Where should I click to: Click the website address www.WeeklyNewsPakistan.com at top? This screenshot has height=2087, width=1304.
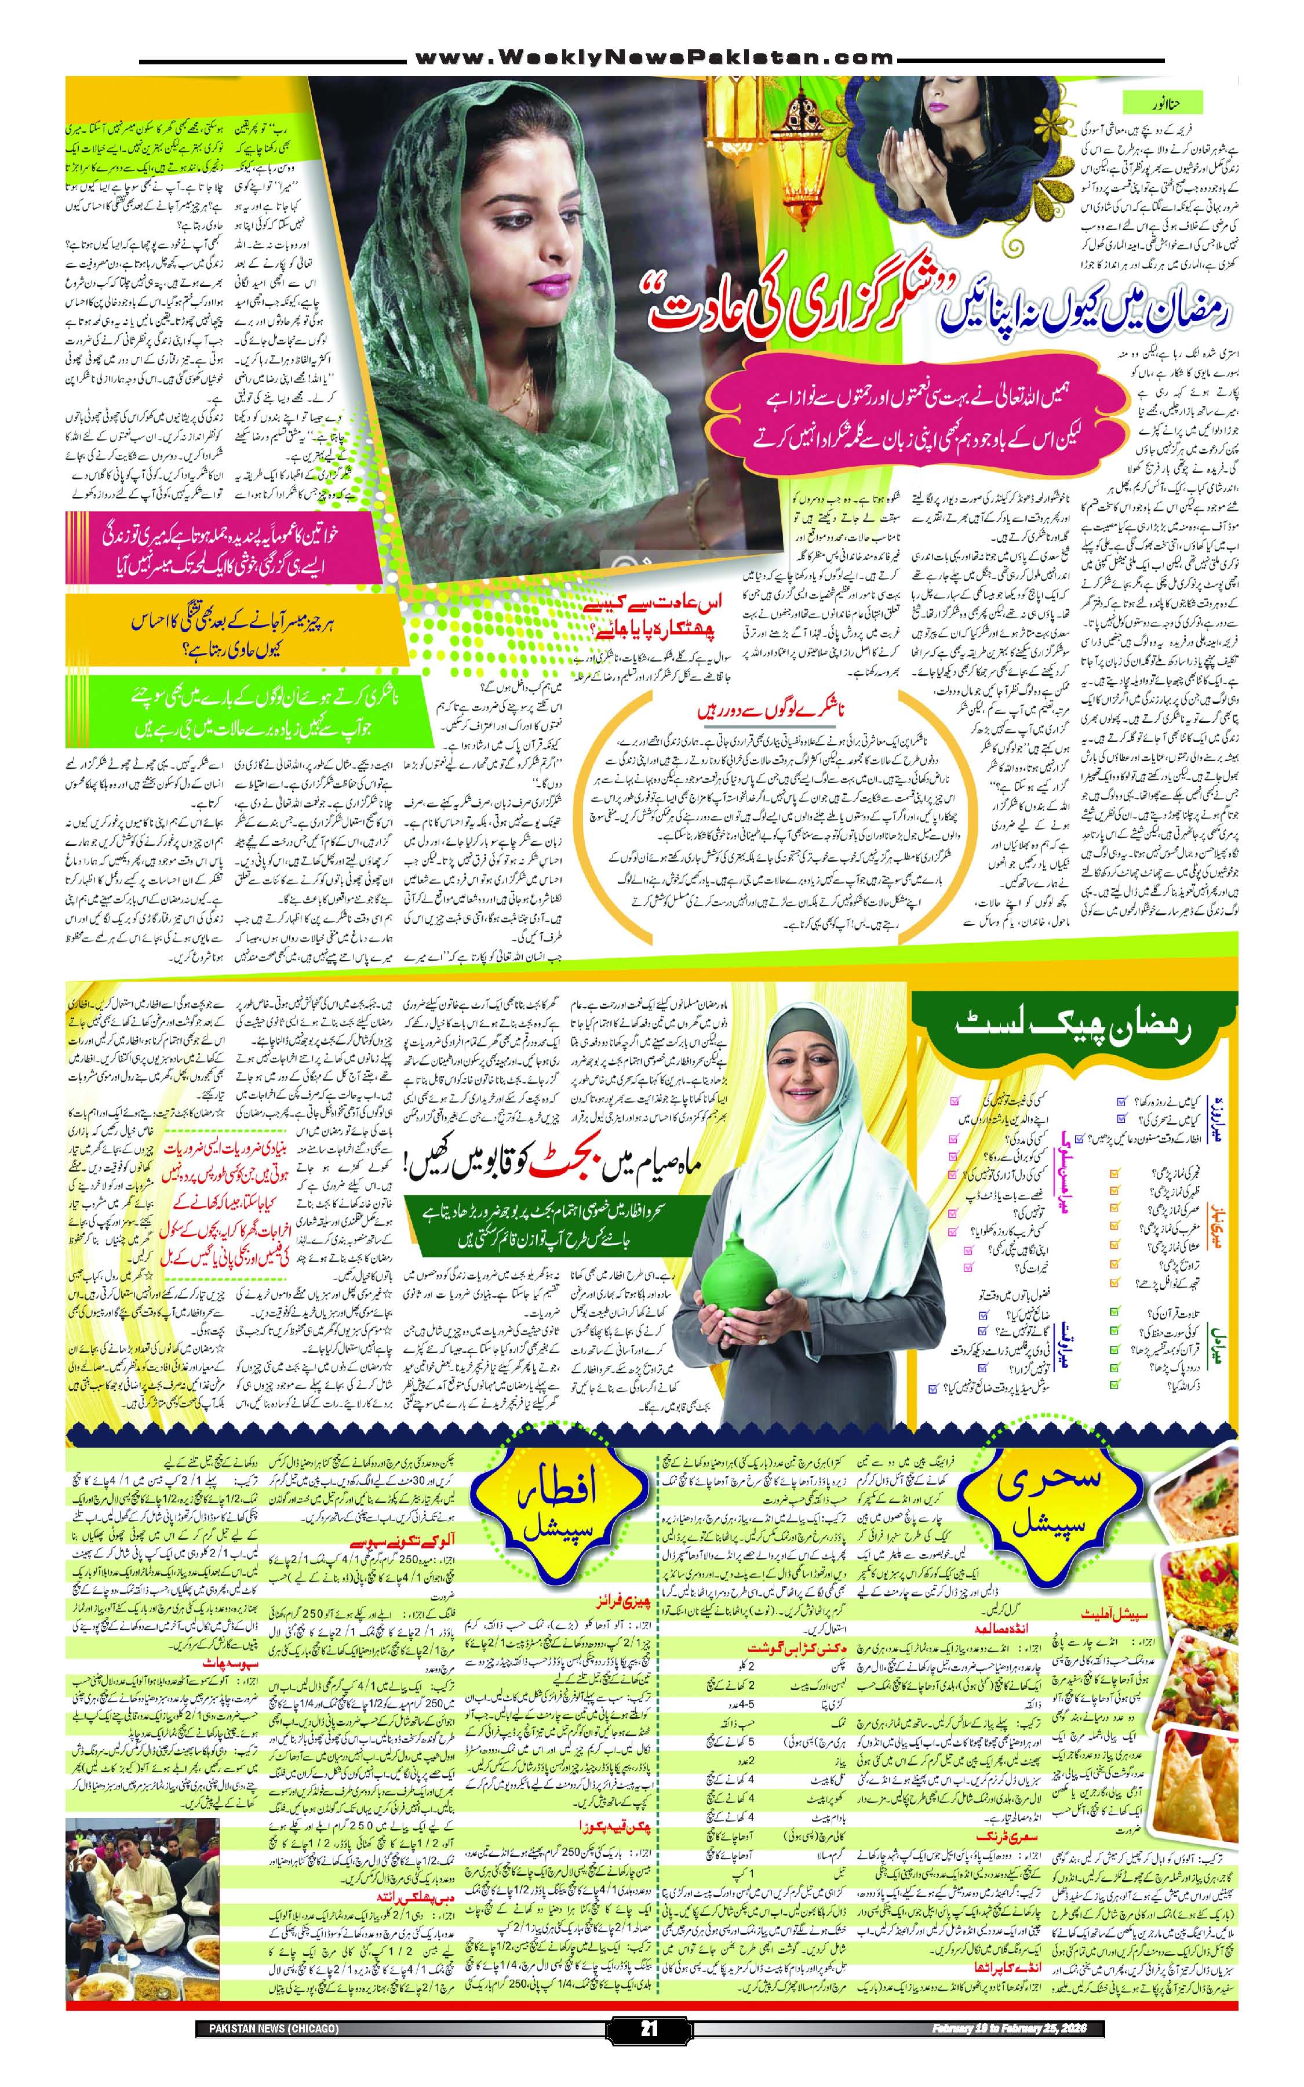coord(651,58)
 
